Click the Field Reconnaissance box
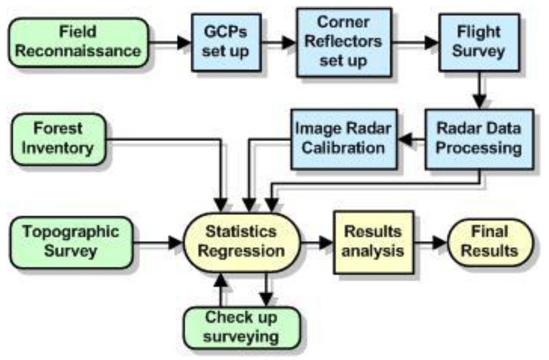pos(78,42)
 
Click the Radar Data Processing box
pos(479,138)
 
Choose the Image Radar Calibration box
pos(343,137)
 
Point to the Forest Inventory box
pos(59,138)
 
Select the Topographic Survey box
pos(71,242)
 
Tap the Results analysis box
pos(373,242)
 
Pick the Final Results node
pos(491,242)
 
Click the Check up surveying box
pos(241,327)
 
